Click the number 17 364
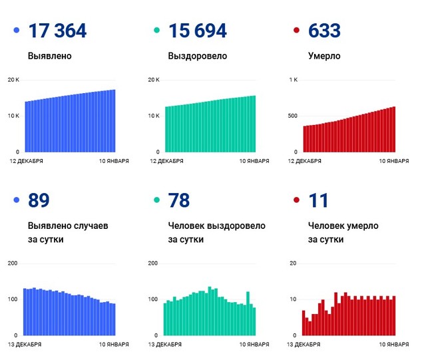(x=58, y=31)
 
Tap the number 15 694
(x=198, y=31)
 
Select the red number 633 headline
(x=325, y=31)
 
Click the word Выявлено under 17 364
(x=50, y=57)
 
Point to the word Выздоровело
(x=198, y=57)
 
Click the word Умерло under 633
(x=324, y=57)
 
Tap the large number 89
(x=39, y=200)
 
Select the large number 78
(x=180, y=200)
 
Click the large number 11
(x=318, y=200)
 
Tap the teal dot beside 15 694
(x=156, y=31)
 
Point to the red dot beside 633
(x=296, y=31)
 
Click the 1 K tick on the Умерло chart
(x=293, y=80)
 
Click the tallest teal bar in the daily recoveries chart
(x=209, y=311)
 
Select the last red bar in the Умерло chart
(x=394, y=129)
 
